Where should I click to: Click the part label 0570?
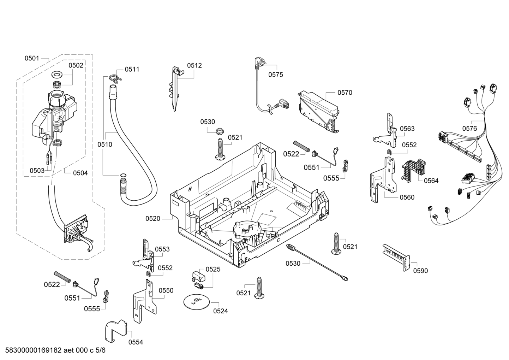pos(345,93)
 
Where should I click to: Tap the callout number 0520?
pos(153,219)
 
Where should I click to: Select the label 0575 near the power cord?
pos(276,75)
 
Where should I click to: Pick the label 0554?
pos(136,342)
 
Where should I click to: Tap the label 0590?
pos(420,271)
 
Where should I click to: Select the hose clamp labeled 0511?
pos(115,78)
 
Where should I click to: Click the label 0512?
pos(194,65)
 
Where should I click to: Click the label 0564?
pos(431,181)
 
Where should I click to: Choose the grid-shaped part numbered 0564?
pos(413,170)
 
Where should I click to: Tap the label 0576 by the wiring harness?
pos(469,129)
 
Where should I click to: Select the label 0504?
pos(80,173)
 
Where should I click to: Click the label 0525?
pos(213,269)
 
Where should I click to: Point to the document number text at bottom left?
pos(55,350)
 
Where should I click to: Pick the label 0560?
pos(407,197)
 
